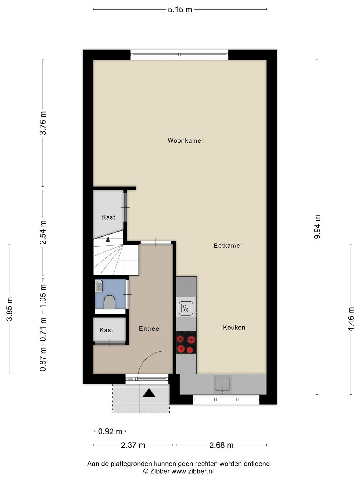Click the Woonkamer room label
186,140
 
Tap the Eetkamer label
228,246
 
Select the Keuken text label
234,327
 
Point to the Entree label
149,328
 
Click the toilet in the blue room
109,302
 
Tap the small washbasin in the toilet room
99,286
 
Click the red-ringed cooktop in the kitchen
186,342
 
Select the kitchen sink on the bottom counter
222,384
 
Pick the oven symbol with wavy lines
186,308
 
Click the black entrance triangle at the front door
149,393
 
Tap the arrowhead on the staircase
108,239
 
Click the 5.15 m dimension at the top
180,10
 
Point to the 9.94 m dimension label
317,227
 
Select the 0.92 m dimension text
110,431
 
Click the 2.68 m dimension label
221,445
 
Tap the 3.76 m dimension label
43,123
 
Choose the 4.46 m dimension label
351,319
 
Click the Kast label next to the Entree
106,330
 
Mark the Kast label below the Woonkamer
108,217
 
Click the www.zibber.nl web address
193,471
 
